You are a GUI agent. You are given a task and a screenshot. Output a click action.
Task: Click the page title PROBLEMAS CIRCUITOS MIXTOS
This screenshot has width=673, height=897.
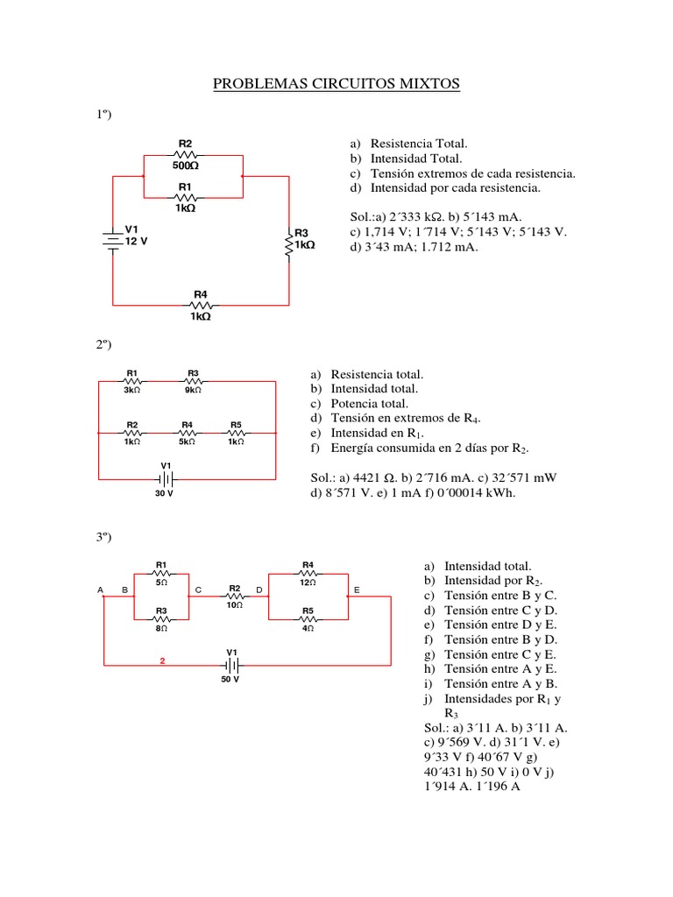[x=336, y=84]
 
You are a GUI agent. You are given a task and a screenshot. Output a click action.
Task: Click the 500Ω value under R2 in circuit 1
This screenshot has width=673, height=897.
[x=185, y=165]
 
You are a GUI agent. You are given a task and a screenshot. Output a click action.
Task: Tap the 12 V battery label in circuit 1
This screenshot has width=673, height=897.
[x=136, y=243]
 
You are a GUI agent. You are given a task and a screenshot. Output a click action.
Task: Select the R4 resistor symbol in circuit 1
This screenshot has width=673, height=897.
[x=201, y=305]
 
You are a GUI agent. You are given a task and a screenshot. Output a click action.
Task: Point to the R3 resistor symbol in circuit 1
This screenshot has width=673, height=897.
[x=290, y=245]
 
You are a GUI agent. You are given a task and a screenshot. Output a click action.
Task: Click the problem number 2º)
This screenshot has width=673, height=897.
[x=106, y=345]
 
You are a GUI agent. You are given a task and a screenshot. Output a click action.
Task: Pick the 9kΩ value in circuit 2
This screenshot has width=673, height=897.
[x=193, y=391]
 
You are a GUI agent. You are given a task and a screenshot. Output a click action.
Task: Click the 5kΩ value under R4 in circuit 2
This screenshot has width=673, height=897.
[x=187, y=441]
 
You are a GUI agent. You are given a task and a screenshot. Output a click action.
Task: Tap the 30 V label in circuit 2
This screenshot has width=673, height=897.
[x=165, y=493]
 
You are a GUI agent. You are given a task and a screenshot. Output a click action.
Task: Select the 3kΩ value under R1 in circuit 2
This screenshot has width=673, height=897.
[x=131, y=391]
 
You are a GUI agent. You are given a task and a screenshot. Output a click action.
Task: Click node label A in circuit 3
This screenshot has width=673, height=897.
[x=102, y=590]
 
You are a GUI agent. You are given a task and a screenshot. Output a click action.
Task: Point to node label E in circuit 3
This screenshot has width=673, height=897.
[x=357, y=590]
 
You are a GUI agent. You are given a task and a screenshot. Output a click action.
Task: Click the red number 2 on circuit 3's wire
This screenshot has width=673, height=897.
[x=162, y=661]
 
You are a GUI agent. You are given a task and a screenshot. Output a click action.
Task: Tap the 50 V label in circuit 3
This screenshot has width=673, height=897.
[x=230, y=679]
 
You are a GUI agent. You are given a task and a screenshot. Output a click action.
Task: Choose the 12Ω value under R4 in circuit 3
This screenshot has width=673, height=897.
[x=308, y=582]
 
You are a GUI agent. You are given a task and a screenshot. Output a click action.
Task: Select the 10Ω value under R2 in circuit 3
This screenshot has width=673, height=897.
[x=234, y=605]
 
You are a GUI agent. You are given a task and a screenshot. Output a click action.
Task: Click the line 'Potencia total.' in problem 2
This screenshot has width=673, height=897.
[x=369, y=404]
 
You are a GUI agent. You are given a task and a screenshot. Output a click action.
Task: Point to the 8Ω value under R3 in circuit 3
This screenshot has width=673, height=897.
[x=162, y=627]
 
